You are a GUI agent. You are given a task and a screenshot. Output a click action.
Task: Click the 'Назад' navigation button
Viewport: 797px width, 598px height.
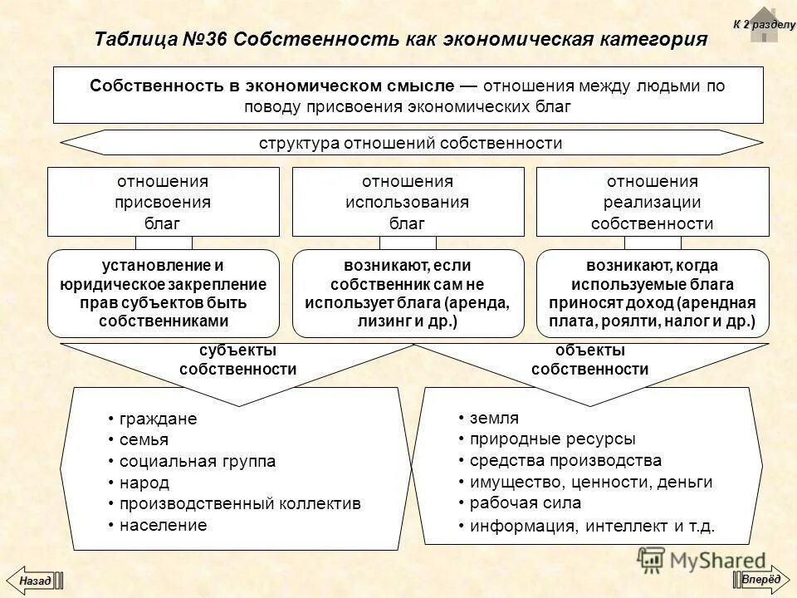pyautogui.click(x=34, y=579)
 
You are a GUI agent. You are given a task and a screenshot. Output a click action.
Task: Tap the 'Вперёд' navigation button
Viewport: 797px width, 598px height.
pyautogui.click(x=760, y=579)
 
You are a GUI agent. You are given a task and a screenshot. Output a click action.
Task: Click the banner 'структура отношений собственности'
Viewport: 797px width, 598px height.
pyautogui.click(x=411, y=143)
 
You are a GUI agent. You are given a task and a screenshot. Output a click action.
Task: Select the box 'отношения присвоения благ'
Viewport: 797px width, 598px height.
pyautogui.click(x=163, y=202)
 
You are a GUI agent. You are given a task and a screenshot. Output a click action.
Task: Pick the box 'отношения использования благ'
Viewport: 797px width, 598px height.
pyautogui.click(x=408, y=202)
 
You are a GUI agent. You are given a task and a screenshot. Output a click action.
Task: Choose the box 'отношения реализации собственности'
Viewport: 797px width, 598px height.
pyautogui.click(x=653, y=202)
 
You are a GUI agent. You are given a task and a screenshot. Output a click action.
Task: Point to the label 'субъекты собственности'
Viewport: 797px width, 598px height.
pyautogui.click(x=237, y=360)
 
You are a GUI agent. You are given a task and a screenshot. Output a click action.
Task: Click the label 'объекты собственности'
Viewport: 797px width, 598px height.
pyautogui.click(x=590, y=360)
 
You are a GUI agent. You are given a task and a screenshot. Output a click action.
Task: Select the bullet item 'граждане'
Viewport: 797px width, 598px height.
pyautogui.click(x=159, y=419)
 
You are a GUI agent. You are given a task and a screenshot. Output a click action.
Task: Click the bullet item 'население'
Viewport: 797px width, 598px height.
pyautogui.click(x=163, y=524)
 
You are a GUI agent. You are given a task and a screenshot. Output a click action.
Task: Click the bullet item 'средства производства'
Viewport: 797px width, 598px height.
pyautogui.click(x=565, y=460)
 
